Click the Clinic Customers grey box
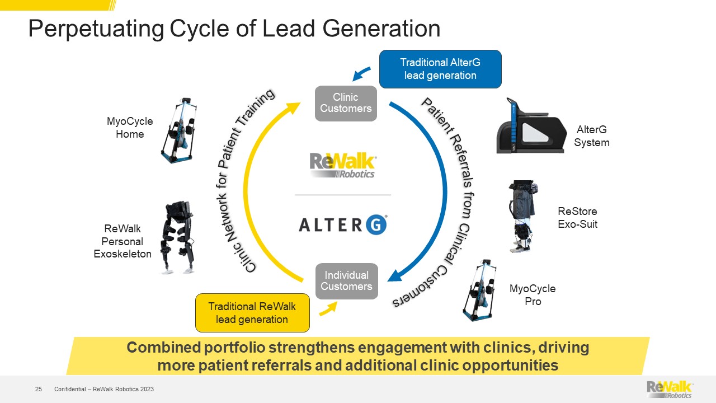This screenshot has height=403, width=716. (346, 103)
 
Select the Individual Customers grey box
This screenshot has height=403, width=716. (346, 281)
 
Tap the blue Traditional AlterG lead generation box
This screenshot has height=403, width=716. (440, 69)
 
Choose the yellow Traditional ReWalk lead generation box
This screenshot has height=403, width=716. (252, 313)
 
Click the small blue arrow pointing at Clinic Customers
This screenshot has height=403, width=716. (361, 73)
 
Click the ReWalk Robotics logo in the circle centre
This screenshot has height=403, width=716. (343, 166)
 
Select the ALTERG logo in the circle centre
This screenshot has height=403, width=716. (343, 224)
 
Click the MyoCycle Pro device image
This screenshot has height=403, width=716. (481, 289)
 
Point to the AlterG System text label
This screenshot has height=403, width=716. (591, 136)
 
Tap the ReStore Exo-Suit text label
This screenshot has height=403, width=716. (577, 218)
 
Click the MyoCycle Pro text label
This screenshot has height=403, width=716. (533, 295)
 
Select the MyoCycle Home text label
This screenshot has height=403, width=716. (130, 128)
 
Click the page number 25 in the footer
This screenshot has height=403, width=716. (39, 389)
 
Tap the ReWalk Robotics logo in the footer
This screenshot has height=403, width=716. (670, 389)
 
